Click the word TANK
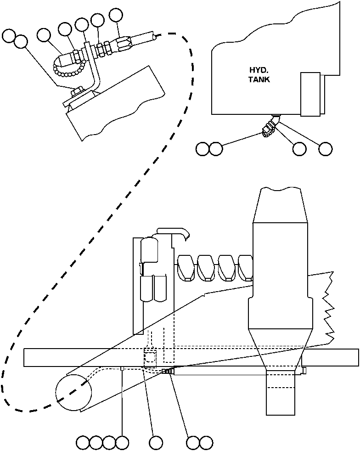tap(260, 79)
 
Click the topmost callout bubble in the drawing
tap(116, 15)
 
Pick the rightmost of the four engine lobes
tap(246, 267)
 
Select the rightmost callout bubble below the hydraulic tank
tap(325, 148)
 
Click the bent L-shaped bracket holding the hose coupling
tap(94, 69)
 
